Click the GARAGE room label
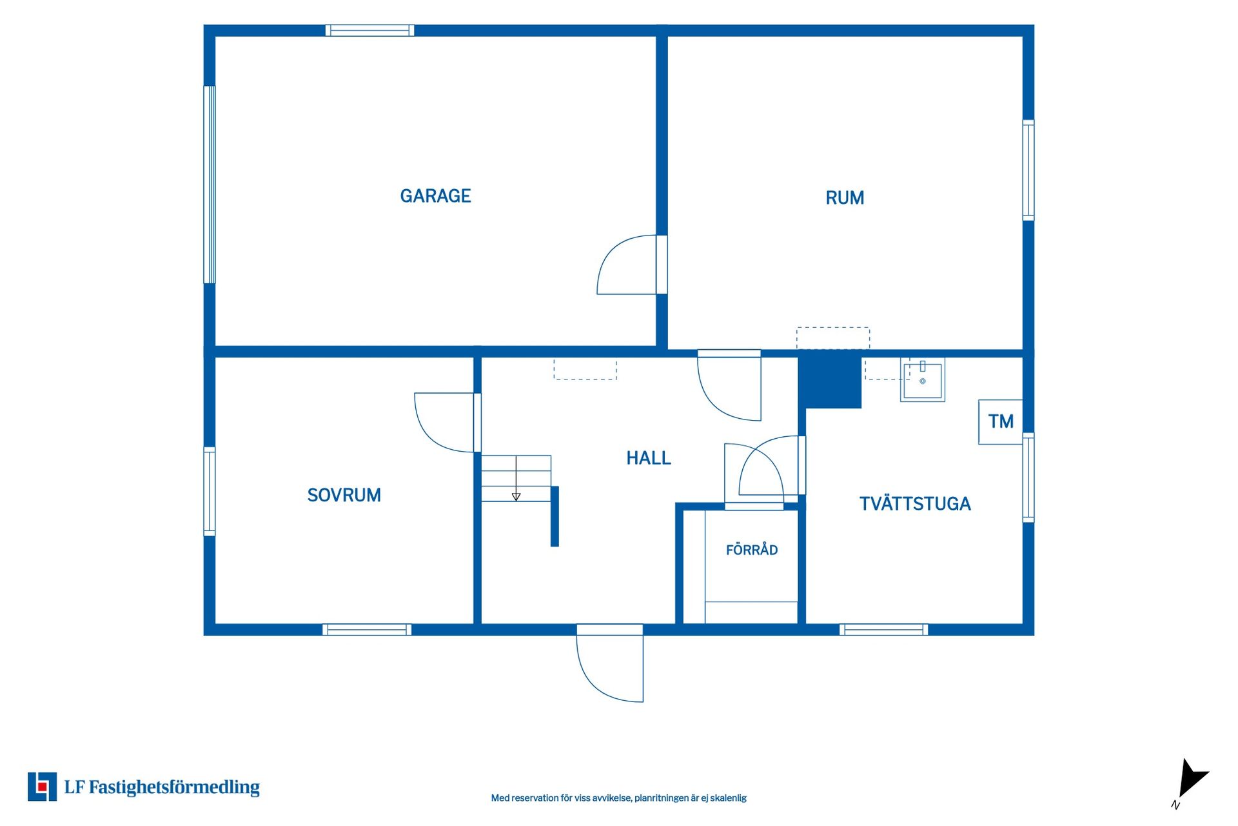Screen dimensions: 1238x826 (435, 196)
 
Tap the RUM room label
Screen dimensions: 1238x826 (845, 197)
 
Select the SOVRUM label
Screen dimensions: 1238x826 (344, 495)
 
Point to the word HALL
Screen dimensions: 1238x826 (649, 458)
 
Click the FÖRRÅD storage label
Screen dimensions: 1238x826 (752, 549)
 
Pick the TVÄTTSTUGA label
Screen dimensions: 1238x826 (915, 503)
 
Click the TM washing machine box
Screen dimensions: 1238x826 (1001, 422)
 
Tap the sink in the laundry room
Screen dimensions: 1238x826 (923, 380)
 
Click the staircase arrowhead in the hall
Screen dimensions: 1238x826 (516, 497)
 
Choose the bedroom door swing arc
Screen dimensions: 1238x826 (445, 423)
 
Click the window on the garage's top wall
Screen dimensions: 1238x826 (369, 30)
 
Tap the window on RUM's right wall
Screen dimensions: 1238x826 (1028, 170)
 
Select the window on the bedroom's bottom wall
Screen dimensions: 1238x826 (367, 630)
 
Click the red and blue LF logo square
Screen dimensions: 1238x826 (42, 787)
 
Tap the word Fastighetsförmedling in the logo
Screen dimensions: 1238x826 (174, 787)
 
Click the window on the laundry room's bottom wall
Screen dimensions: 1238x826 (884, 630)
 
